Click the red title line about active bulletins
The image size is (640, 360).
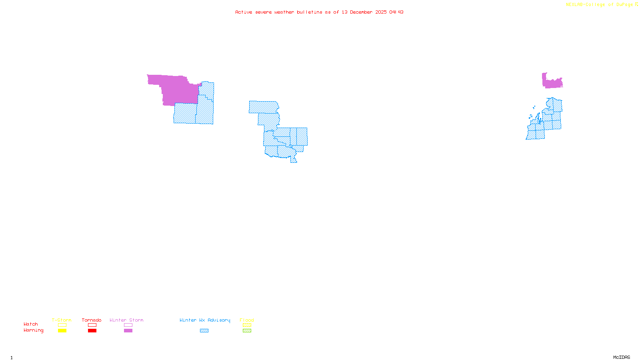(319, 12)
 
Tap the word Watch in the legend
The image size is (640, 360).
(31, 324)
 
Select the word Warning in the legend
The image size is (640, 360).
(33, 330)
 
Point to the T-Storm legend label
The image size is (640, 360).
(62, 320)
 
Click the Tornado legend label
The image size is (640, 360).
(92, 320)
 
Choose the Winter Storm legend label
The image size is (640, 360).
(126, 320)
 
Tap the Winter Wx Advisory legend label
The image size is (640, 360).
(205, 320)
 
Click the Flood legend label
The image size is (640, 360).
(247, 320)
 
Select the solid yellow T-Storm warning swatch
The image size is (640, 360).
(62, 331)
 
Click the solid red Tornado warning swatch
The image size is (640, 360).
(92, 331)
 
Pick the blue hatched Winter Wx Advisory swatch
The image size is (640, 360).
(204, 331)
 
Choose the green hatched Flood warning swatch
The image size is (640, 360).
(247, 331)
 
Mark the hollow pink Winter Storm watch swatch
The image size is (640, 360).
(128, 325)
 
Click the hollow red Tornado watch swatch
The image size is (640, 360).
(92, 325)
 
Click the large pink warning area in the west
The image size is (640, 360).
(176, 88)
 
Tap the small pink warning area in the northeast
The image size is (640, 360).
(552, 82)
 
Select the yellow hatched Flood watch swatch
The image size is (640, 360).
(247, 325)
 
